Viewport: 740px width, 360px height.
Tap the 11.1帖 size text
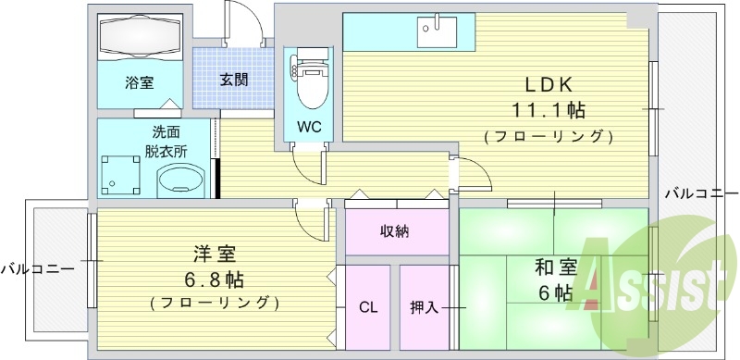pyautogui.click(x=549, y=110)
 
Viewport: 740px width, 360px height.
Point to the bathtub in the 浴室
pyautogui.click(x=140, y=37)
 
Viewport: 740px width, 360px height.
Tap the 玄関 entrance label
pyautogui.click(x=233, y=80)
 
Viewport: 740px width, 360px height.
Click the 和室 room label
pyautogui.click(x=556, y=269)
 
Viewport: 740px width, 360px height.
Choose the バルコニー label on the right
pyautogui.click(x=701, y=194)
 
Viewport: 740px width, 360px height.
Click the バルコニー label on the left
pyautogui.click(x=37, y=269)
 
